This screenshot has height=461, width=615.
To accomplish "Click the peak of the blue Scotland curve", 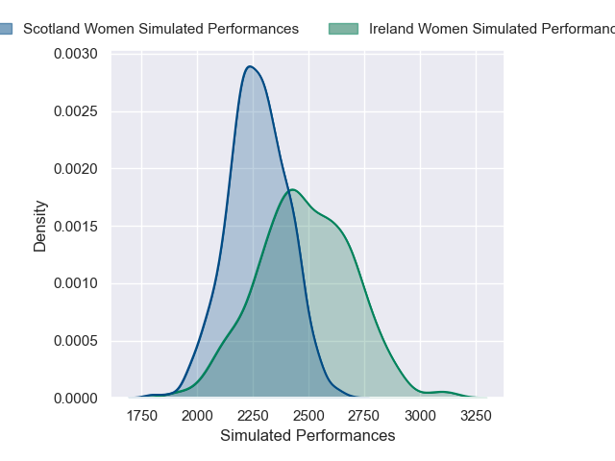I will (x=250, y=66).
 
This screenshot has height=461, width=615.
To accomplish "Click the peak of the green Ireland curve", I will (x=292, y=189).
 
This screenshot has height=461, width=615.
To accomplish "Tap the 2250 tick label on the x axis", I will (x=253, y=416).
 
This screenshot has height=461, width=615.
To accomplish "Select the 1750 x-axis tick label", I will (x=142, y=416).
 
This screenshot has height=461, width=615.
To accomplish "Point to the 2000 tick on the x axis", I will (x=197, y=416).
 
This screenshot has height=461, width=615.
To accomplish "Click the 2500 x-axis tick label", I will (x=308, y=416).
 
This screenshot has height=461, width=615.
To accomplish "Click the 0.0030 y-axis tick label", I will (x=76, y=55).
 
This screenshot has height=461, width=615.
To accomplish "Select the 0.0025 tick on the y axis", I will (x=76, y=112).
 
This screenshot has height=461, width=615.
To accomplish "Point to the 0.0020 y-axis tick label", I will (x=76, y=169).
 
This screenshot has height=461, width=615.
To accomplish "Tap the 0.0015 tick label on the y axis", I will (x=76, y=227).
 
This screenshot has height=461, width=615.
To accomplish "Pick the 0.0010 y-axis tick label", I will (x=76, y=283).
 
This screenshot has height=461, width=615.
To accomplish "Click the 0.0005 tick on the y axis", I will (x=76, y=341).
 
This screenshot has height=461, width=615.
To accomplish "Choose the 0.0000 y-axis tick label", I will (x=76, y=398).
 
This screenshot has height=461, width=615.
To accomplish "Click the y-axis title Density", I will (x=40, y=226).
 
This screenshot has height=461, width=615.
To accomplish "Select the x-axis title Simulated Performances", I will (x=307, y=435).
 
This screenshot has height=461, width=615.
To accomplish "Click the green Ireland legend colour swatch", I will (x=343, y=29).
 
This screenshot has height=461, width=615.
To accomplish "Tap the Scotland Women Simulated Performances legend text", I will (x=160, y=29).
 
